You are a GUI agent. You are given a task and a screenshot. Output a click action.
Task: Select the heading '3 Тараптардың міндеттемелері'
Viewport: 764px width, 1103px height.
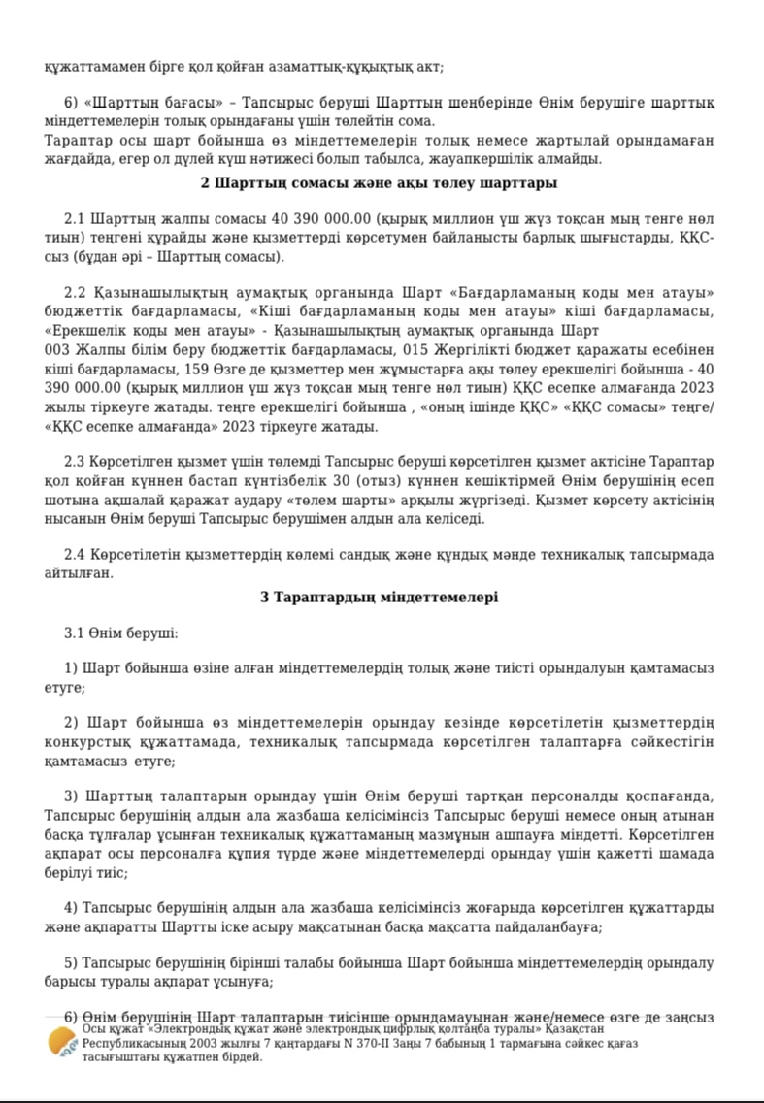click(x=380, y=597)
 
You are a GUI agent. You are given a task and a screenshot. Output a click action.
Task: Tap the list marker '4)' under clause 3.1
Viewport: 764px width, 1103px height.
click(x=71, y=908)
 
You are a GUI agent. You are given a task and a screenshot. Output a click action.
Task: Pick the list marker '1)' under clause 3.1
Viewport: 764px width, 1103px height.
click(x=71, y=668)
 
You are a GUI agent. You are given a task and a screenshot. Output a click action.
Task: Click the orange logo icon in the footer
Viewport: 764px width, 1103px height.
click(x=63, y=1042)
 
